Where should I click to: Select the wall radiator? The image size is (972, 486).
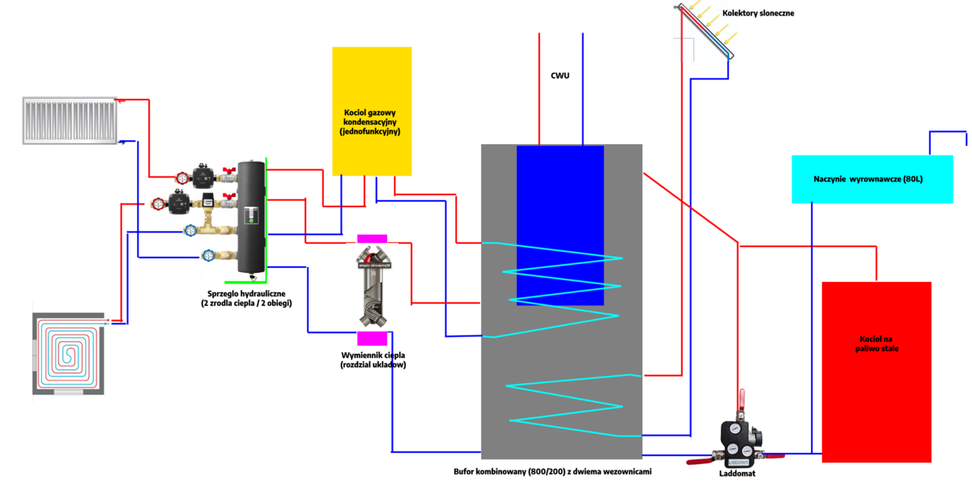(x=69, y=121)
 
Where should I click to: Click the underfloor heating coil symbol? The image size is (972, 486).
(x=69, y=354)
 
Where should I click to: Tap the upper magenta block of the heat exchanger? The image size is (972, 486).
(x=373, y=238)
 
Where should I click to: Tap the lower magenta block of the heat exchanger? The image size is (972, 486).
(x=373, y=338)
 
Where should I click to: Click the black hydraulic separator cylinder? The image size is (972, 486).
(x=251, y=216)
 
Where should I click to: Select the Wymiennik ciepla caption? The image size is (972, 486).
(x=373, y=360)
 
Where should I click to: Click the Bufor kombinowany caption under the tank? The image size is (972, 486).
(x=552, y=471)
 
